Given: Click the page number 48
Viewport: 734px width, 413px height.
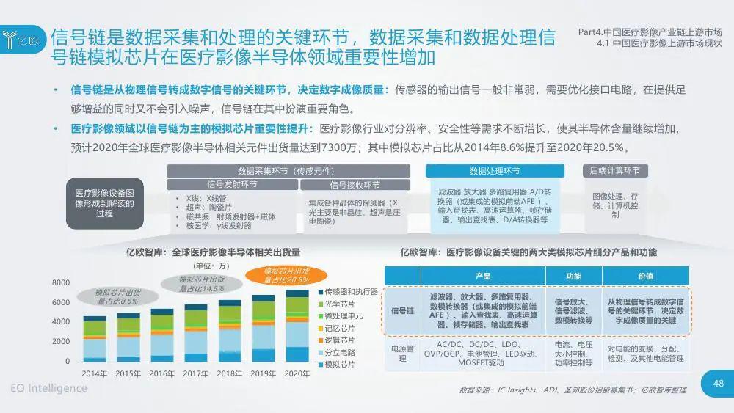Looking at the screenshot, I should click(719, 382).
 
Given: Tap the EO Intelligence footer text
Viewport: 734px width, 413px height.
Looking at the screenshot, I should click(48, 388).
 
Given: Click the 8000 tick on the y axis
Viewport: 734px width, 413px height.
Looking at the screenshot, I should click(61, 283).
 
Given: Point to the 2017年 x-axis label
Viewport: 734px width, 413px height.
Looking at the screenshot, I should click(195, 373).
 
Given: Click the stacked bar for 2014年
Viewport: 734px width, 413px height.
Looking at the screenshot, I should click(94, 339).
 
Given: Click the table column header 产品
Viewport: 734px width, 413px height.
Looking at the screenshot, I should click(482, 276).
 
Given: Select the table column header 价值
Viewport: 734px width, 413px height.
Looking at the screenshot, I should click(646, 276).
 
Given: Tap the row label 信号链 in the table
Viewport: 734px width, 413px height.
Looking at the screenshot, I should click(403, 311).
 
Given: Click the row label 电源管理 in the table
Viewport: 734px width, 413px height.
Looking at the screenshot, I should click(403, 354).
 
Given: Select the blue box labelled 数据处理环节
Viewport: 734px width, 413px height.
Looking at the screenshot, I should click(495, 171).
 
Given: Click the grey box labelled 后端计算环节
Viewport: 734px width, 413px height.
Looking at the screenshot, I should click(614, 171).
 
